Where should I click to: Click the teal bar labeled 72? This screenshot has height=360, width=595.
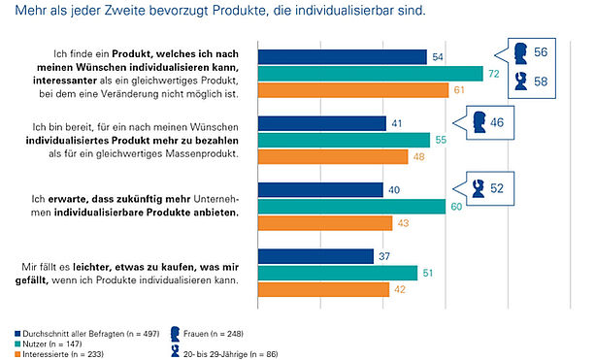tap(371, 74)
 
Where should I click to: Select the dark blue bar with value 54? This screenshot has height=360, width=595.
tap(343, 57)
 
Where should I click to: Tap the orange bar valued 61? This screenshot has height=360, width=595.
tap(353, 90)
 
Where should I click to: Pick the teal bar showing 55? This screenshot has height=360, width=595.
tap(344, 140)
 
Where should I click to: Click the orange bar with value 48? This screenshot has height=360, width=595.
tap(333, 156)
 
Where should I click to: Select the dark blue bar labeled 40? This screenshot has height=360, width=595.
tap(320, 189)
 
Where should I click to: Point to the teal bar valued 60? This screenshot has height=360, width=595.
tap(351, 207)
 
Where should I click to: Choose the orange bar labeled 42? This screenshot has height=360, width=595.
tap(323, 289)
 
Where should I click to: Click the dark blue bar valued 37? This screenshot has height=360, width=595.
tap(315, 256)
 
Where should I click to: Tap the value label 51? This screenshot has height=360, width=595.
tap(428, 273)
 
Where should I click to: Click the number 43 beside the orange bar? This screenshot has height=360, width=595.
tap(403, 223)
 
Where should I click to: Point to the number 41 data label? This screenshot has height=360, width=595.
tap(397, 123)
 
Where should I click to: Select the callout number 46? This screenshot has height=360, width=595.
tap(497, 122)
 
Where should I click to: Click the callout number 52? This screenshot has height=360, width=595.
tap(497, 188)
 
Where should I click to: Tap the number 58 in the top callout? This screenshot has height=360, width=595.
tap(541, 82)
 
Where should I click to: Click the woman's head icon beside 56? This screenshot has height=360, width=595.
tap(520, 53)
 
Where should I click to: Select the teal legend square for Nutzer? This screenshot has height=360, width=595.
tap(17, 344)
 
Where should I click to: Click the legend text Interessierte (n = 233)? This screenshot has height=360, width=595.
tap(63, 354)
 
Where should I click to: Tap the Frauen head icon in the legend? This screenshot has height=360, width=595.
tap(175, 334)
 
